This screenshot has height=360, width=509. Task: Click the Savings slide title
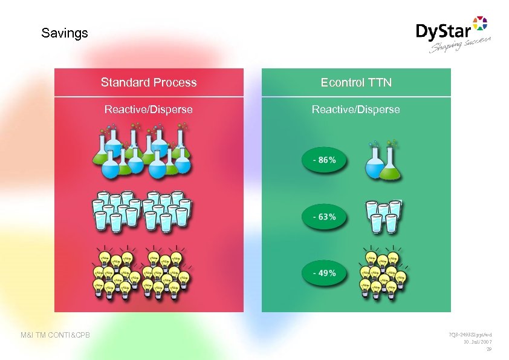[x=65, y=33]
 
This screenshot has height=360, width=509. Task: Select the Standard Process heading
[x=149, y=82]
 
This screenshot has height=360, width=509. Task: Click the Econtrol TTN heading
[x=356, y=82]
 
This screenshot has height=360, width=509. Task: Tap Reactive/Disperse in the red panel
[x=149, y=110]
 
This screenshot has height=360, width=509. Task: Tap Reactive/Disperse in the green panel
[x=356, y=110]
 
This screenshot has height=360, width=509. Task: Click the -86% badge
[x=324, y=160]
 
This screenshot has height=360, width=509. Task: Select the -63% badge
[x=324, y=217]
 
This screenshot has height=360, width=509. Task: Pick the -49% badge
[x=324, y=273]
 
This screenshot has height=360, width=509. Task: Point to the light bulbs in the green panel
[x=383, y=273]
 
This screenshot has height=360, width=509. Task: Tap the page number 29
[x=489, y=350]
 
